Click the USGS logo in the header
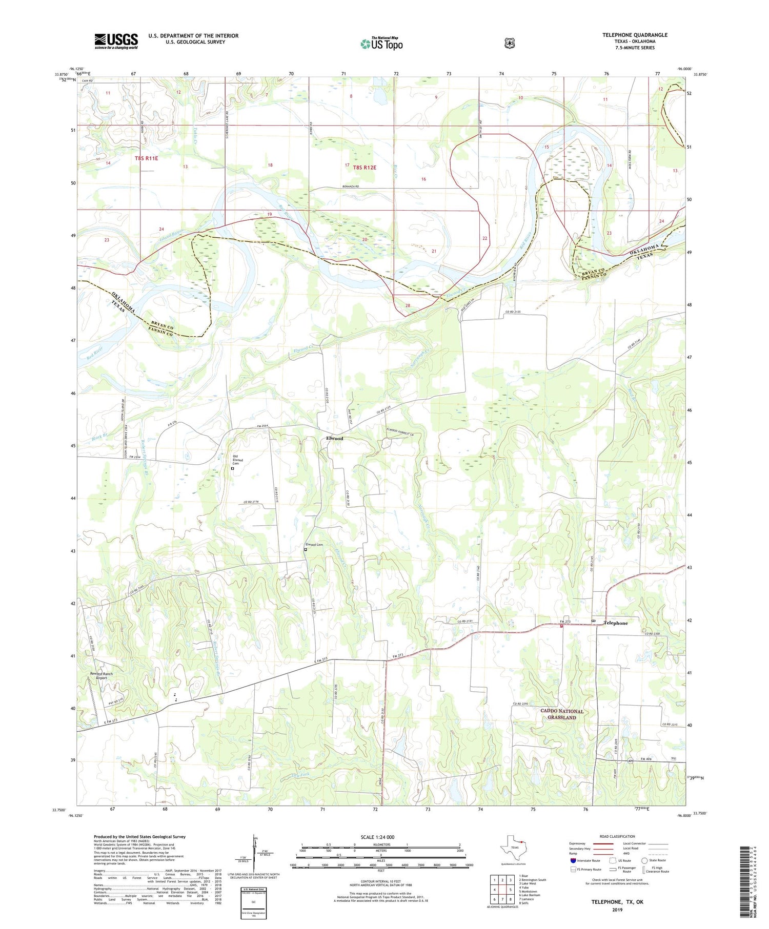click(116, 41)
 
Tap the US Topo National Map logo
click(381, 43)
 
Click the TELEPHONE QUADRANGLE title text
click(635, 35)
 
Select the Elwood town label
click(334, 439)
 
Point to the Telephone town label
click(615, 623)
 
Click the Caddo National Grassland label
click(562, 714)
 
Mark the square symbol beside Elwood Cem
click(306, 550)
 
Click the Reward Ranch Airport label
click(101, 675)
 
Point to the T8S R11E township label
click(146, 159)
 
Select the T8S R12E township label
click(364, 168)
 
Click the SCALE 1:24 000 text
click(377, 837)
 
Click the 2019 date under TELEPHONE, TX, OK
click(617, 910)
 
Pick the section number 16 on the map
click(423, 179)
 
